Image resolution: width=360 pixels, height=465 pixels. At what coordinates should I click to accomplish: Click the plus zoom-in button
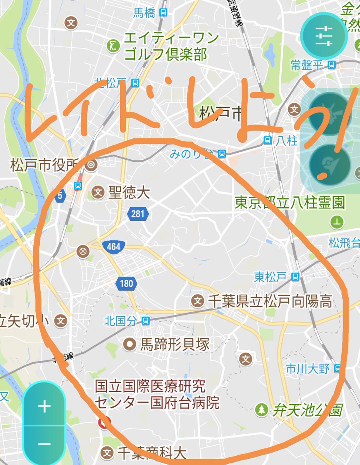(45, 407)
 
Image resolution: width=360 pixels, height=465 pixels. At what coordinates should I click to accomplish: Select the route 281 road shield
(138, 214)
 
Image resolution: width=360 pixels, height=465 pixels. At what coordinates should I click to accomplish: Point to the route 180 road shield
(126, 284)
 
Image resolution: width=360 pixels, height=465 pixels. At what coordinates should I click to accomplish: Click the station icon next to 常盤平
(331, 65)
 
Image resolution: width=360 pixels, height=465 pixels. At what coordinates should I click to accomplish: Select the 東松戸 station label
(270, 277)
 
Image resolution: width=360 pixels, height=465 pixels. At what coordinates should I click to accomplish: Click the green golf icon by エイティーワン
(112, 46)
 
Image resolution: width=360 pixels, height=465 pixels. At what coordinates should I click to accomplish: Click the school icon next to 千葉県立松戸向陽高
(198, 301)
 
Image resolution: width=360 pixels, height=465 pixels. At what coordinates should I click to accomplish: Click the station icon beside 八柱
(267, 141)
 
